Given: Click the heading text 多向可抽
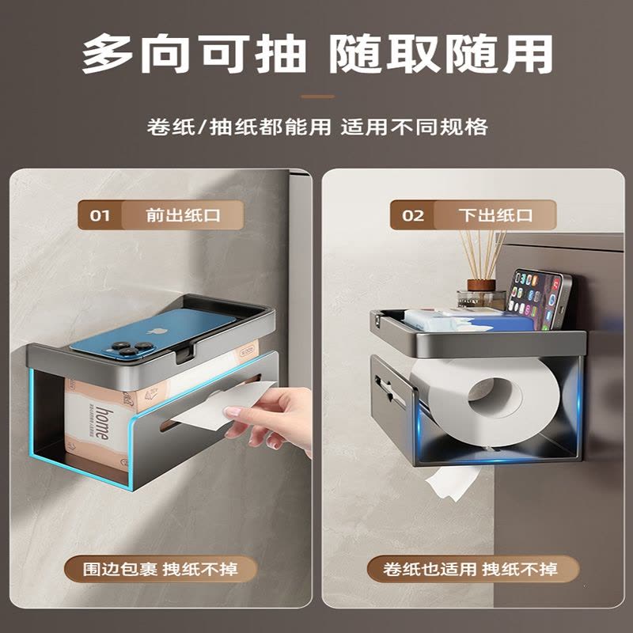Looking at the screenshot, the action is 193,54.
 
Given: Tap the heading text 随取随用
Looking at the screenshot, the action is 441,54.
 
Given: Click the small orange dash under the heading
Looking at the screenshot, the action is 318,97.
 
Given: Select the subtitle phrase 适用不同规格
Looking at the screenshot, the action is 414,127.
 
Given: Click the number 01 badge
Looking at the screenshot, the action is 100,215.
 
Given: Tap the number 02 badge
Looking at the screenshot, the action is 412,215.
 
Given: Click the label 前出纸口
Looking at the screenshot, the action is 183,215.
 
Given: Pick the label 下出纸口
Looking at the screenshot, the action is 496,215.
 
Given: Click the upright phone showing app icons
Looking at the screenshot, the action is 538,300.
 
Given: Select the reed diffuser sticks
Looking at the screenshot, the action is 483,254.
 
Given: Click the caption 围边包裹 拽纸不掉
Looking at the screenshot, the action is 161,569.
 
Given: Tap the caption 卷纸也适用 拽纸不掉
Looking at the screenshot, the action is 471,569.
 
